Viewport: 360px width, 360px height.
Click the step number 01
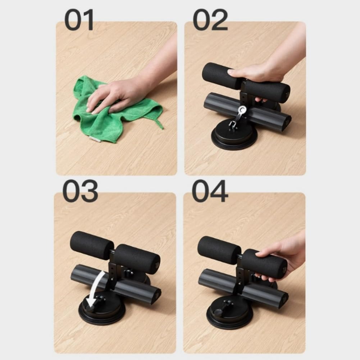click(79, 20)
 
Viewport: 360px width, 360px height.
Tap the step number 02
click(210, 20)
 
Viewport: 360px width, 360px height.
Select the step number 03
click(80, 191)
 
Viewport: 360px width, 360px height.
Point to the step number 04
click(210, 191)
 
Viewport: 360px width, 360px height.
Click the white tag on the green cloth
click(95, 139)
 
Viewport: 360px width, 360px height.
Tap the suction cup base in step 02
click(234, 136)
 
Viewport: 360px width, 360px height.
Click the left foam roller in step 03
click(92, 245)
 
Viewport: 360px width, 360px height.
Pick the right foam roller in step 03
click(137, 259)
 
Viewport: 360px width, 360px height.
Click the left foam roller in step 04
click(219, 250)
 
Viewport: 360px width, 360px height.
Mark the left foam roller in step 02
click(222, 76)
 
